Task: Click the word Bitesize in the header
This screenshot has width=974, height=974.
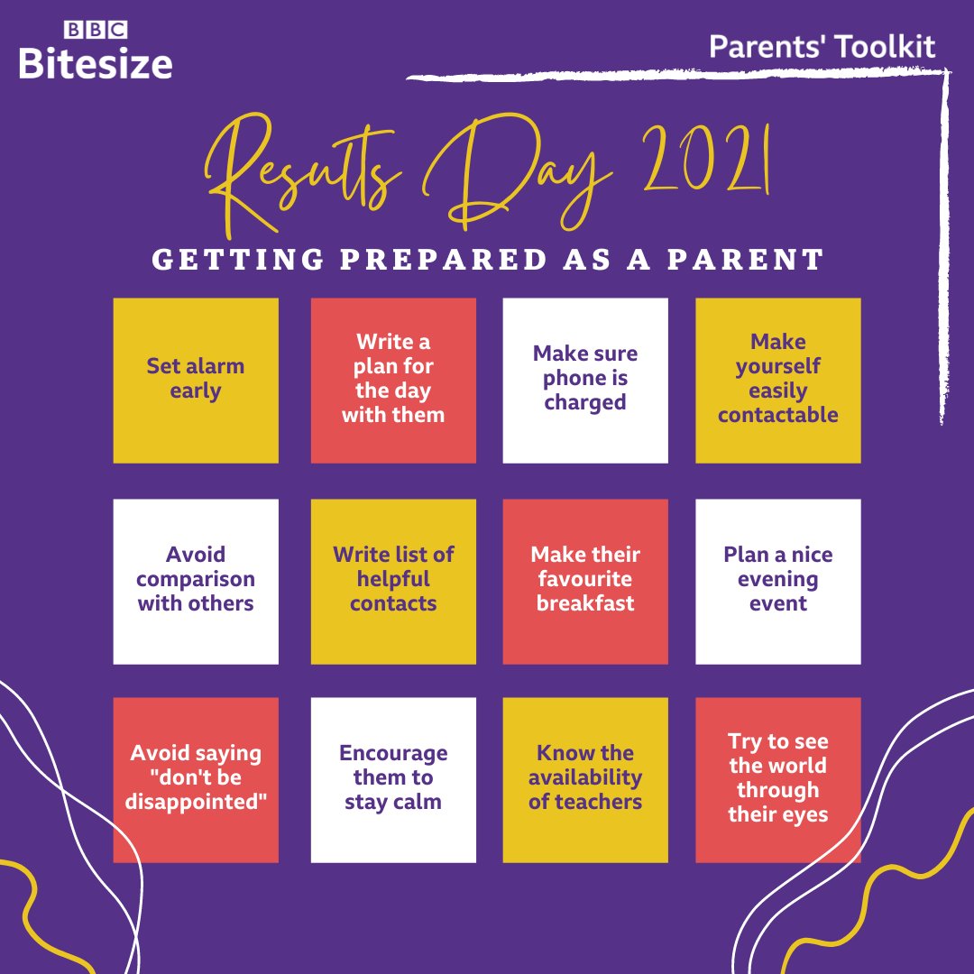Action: (96, 63)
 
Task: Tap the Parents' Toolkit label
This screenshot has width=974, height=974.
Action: (822, 47)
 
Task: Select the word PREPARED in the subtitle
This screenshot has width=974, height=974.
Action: (441, 260)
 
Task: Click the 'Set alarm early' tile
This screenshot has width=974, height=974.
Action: (196, 380)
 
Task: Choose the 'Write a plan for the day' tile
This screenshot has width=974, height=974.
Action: (393, 380)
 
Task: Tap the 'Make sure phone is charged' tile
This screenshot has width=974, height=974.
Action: (585, 380)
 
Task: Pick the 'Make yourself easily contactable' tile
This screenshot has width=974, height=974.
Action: (778, 380)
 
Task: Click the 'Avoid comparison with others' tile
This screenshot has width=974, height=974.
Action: (196, 581)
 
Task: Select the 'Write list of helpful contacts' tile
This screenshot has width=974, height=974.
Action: (393, 581)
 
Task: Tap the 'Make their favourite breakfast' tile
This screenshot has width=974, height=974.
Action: (585, 581)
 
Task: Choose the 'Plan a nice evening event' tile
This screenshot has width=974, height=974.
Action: (778, 581)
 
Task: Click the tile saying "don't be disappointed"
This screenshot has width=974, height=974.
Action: (196, 779)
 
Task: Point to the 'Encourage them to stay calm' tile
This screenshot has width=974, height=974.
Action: (393, 779)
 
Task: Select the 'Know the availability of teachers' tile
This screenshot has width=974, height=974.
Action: (585, 779)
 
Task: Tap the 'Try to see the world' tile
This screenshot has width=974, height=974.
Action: (778, 779)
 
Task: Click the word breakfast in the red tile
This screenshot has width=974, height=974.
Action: (585, 603)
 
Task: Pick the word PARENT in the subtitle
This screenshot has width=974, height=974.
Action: (757, 260)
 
